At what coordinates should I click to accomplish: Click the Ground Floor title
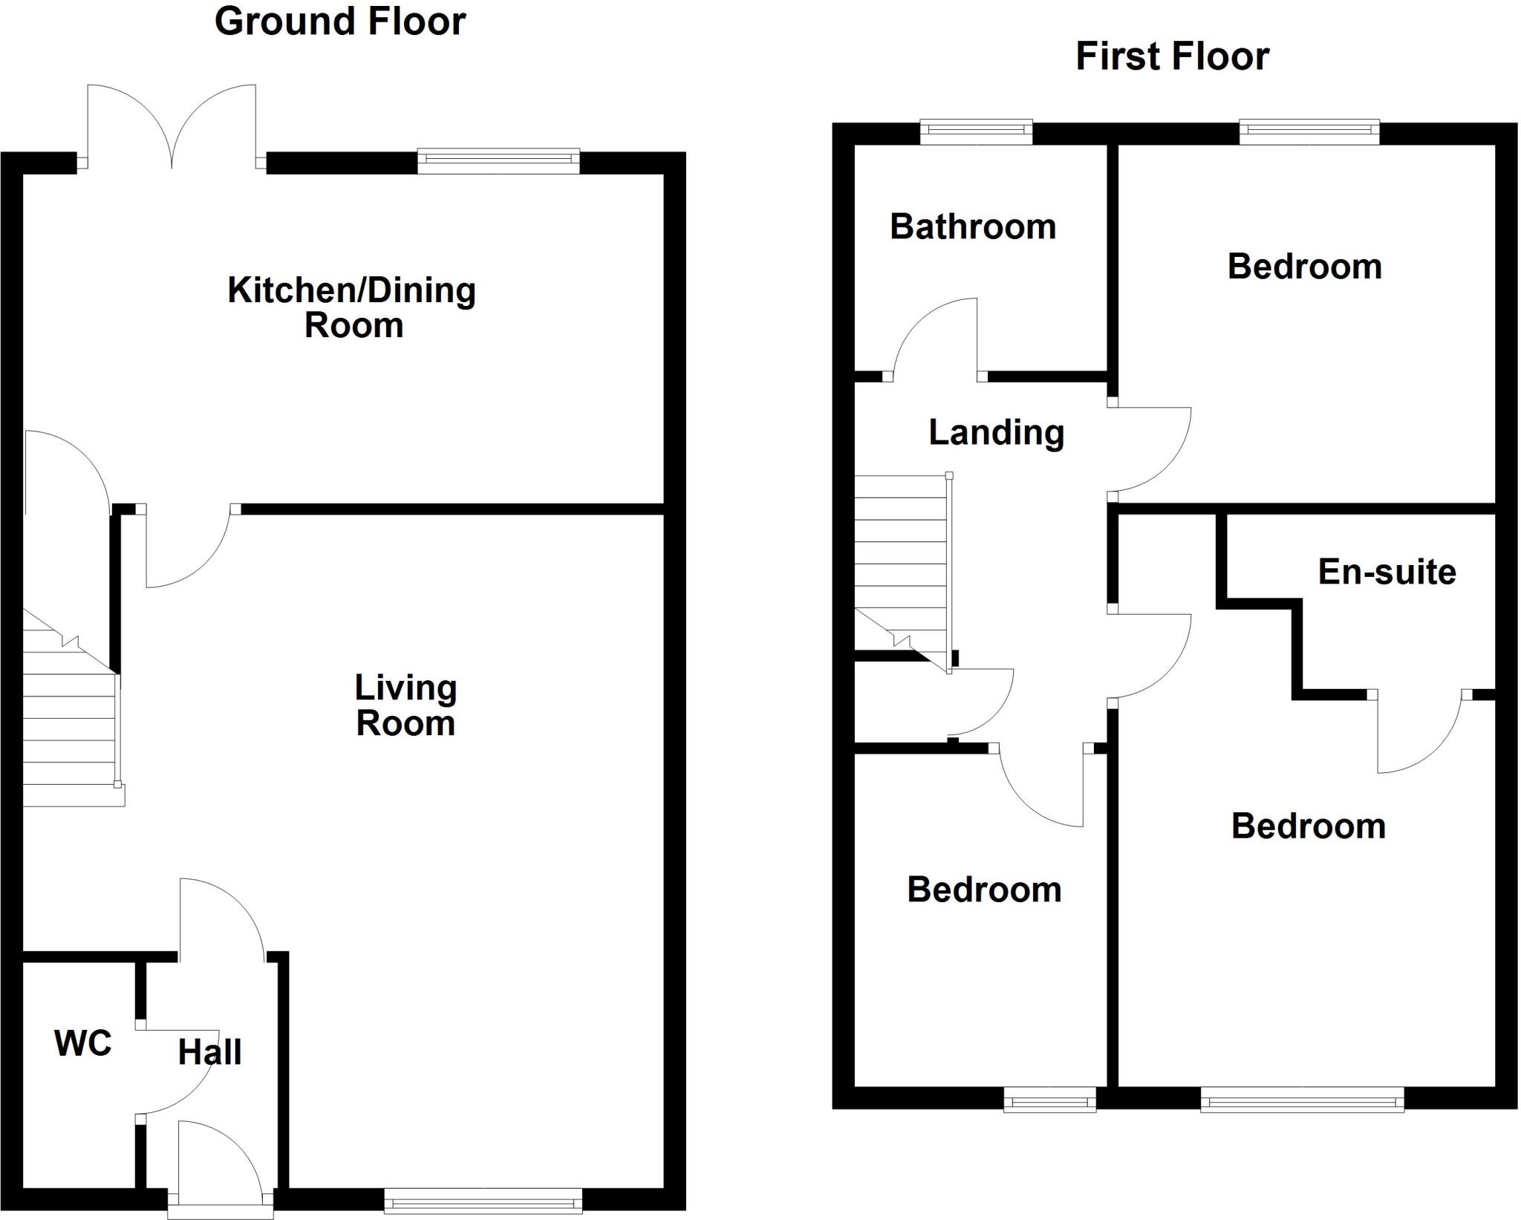340,22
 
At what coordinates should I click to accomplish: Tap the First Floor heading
1173,56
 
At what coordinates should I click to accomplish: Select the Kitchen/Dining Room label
352,307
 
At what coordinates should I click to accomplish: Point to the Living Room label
406,705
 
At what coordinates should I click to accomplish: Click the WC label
83,1043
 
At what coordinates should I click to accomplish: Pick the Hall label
210,1052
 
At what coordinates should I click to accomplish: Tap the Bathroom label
973,226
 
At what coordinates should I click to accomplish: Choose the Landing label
997,433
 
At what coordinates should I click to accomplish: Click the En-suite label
1387,572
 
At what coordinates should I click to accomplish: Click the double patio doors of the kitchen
172,127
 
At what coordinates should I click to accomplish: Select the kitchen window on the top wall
498,161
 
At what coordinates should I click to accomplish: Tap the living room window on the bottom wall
483,1201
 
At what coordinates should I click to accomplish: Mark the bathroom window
977,132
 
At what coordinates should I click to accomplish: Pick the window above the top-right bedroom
1309,132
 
